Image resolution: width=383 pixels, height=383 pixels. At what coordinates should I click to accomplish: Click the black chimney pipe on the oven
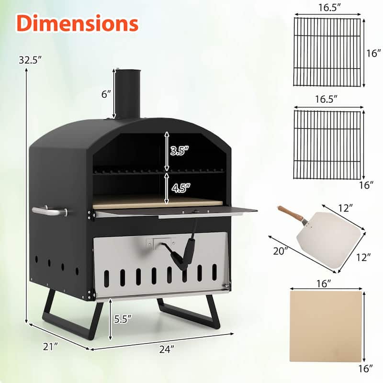coord(128,93)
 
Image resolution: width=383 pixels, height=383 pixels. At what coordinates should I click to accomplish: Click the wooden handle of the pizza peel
coord(290,214)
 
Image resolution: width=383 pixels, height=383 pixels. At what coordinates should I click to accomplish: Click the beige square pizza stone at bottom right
coord(326,326)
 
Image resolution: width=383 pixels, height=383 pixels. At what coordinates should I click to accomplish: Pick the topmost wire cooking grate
coord(327,52)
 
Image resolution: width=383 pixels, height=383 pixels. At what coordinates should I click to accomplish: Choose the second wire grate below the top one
coord(327,145)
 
